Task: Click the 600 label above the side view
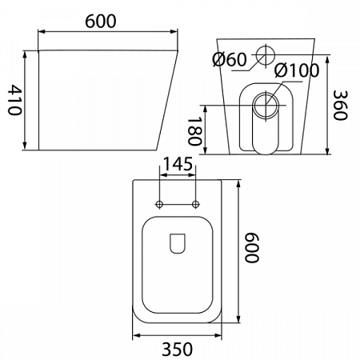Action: (101, 22)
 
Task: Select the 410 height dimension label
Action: (14, 100)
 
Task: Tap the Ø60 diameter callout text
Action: (230, 59)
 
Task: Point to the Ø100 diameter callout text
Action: (297, 70)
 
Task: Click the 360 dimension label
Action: (341, 106)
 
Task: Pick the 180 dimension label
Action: (194, 132)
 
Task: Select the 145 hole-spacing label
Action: (178, 164)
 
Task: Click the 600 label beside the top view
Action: (252, 248)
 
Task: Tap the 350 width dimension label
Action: (177, 349)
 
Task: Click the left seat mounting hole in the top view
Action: (159, 205)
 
